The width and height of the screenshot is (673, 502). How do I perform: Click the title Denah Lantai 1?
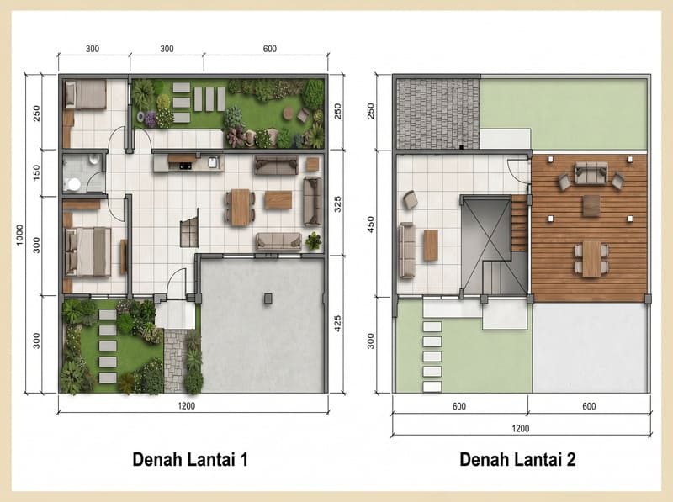coord(190,459)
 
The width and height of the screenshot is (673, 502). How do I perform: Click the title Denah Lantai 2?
coord(517,459)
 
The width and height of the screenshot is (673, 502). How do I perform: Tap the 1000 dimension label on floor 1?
coord(19,235)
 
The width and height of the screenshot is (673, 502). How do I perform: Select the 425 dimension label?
coord(337,324)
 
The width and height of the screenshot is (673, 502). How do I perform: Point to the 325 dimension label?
coord(337,203)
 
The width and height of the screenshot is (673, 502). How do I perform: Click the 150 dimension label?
coord(36,172)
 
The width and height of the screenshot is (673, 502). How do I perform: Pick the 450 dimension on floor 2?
coord(370,225)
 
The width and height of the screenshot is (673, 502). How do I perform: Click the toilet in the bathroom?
coord(72,184)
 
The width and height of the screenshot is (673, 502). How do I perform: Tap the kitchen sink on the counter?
coord(213,162)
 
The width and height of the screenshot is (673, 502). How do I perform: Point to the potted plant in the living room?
coord(314,241)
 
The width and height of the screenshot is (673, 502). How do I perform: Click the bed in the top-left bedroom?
coord(86,94)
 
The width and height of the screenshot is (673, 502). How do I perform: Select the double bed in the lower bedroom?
coord(88,251)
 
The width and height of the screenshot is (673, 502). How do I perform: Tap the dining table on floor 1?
coord(241,207)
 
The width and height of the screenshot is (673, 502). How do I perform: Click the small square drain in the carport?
coord(268,299)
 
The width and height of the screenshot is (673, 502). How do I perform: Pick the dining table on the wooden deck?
coord(591,259)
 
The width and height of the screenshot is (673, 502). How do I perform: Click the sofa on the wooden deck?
coord(591,173)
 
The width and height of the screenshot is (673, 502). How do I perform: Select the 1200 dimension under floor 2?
coord(520,428)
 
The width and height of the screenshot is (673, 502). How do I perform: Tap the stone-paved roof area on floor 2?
coord(437,114)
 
